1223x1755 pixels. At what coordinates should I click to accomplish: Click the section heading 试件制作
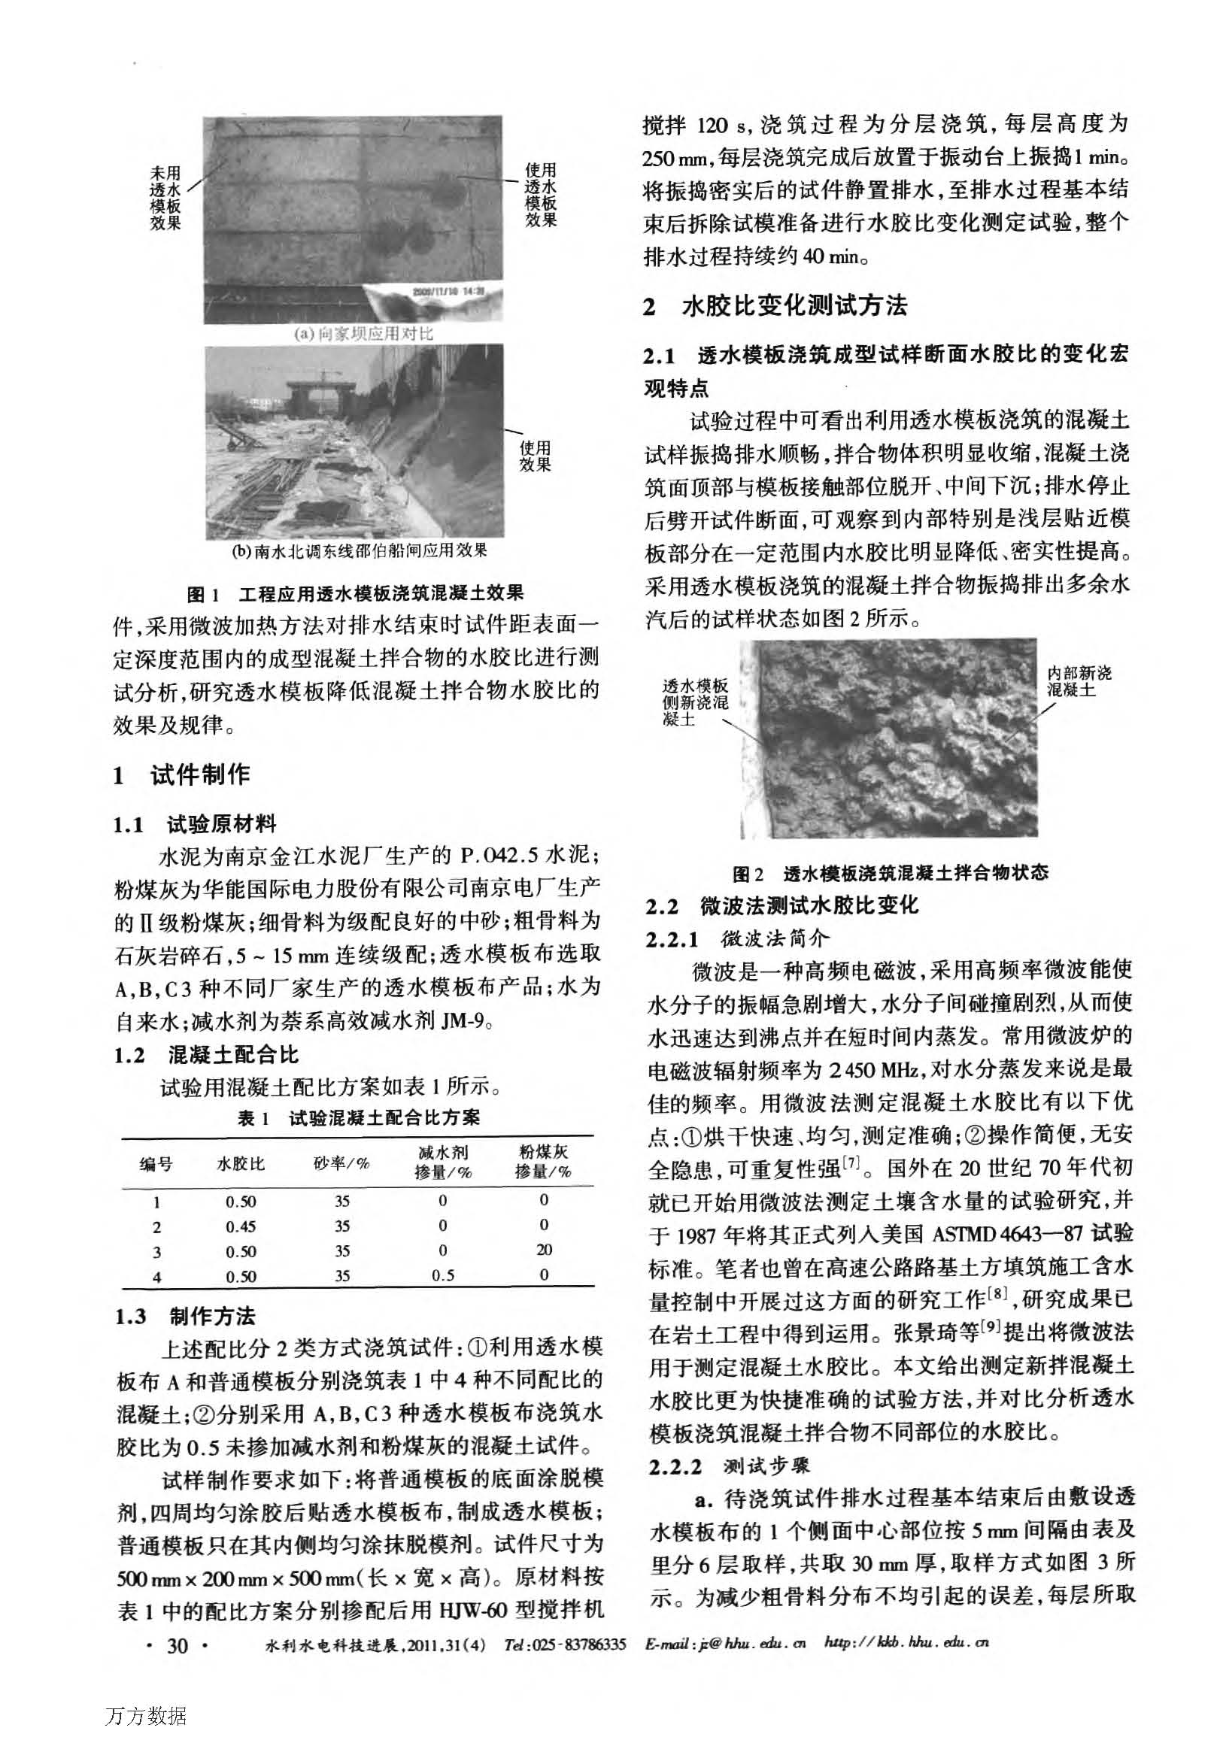pos(199,775)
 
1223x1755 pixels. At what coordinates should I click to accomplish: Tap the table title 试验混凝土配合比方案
pos(384,1118)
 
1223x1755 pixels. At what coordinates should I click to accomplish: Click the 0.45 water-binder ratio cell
pos(241,1227)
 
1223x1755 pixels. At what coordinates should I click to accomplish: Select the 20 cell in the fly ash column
pos(544,1250)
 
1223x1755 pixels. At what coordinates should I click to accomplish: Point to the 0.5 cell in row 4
pos(442,1276)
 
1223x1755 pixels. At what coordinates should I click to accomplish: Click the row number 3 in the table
pos(156,1251)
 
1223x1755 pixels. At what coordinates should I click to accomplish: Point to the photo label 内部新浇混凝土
pos(1079,681)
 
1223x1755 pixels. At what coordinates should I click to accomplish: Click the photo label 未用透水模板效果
pos(165,199)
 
